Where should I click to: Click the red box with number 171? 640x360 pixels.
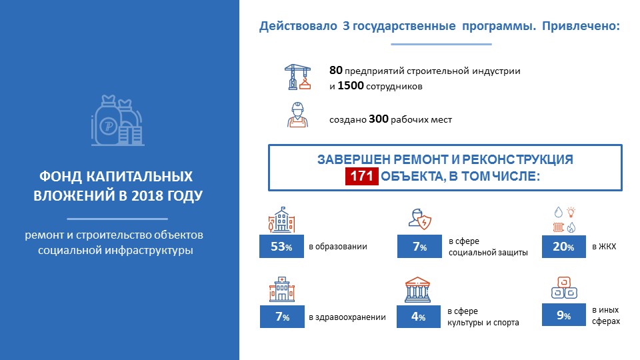pyautogui.click(x=361, y=176)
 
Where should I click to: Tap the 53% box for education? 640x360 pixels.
pyautogui.click(x=281, y=246)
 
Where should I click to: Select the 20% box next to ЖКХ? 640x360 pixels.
pyautogui.click(x=564, y=247)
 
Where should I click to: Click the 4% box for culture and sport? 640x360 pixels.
pyautogui.click(x=419, y=317)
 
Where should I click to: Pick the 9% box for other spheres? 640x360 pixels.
pyautogui.click(x=564, y=315)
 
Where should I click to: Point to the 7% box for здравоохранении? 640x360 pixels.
pyautogui.click(x=282, y=317)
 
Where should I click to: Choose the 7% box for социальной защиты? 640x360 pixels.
pyautogui.click(x=419, y=247)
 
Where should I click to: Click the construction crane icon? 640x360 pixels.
pyautogui.click(x=297, y=77)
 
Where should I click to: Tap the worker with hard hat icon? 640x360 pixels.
pyautogui.click(x=297, y=115)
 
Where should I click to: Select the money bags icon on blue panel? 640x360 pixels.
pyautogui.click(x=117, y=121)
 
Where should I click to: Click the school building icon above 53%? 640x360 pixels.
pyautogui.click(x=281, y=219)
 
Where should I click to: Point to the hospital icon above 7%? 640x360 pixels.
pyautogui.click(x=282, y=289)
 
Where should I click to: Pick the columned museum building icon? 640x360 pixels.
pyautogui.click(x=417, y=290)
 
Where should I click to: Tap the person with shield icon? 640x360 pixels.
pyautogui.click(x=420, y=219)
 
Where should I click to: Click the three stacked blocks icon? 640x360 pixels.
pyautogui.click(x=564, y=288)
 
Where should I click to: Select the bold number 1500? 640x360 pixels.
pyautogui.click(x=351, y=86)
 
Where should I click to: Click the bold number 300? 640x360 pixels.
pyautogui.click(x=379, y=119)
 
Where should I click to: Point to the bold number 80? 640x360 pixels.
pyautogui.click(x=336, y=71)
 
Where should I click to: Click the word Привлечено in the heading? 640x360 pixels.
pyautogui.click(x=581, y=26)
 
